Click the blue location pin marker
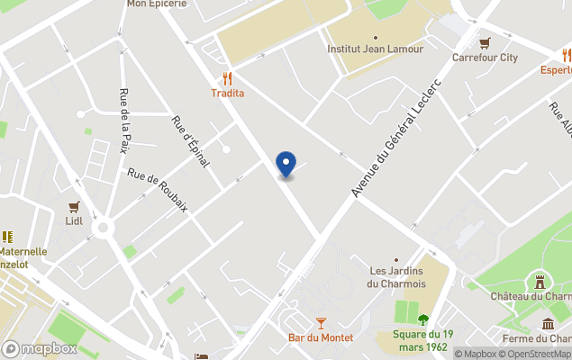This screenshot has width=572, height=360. click(x=286, y=164)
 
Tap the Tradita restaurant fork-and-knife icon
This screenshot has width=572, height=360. click(x=227, y=78)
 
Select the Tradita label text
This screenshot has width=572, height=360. click(x=227, y=93)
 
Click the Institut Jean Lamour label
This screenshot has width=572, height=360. click(x=375, y=49)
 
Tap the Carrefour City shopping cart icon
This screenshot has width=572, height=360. click(x=485, y=43)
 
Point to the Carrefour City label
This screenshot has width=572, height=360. click(x=485, y=58)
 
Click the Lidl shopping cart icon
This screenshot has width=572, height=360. click(x=74, y=206)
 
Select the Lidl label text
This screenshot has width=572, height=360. click(x=74, y=220)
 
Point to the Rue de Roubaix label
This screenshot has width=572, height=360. click(x=158, y=191)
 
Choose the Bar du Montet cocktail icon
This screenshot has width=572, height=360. click(x=321, y=322)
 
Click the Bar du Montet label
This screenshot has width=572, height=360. click(x=321, y=337)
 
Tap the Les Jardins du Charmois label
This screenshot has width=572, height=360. click(x=396, y=277)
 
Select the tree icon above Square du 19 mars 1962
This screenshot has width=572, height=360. click(x=423, y=319)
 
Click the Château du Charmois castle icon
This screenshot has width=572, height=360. click(x=540, y=281)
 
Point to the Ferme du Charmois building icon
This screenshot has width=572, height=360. click(x=547, y=324)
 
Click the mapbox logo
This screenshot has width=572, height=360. click(x=40, y=348)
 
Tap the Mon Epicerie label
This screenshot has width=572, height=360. click(x=157, y=4)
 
